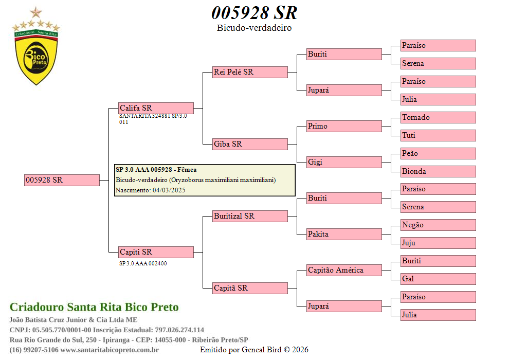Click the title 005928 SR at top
(254, 13)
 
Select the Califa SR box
(156, 108)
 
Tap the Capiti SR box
(156, 252)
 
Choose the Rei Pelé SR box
(250, 72)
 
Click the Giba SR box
(250, 144)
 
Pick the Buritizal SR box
(250, 216)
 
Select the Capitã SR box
(250, 288)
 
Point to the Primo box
(344, 126)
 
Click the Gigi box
(344, 162)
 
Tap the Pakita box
(344, 234)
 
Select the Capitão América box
(344, 270)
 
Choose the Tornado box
(438, 117)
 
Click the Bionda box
(438, 171)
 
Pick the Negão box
(438, 225)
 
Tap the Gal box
(438, 279)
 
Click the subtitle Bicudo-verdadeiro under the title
(254, 28)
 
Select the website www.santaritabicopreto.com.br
(110, 350)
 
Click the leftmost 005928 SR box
(62, 180)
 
